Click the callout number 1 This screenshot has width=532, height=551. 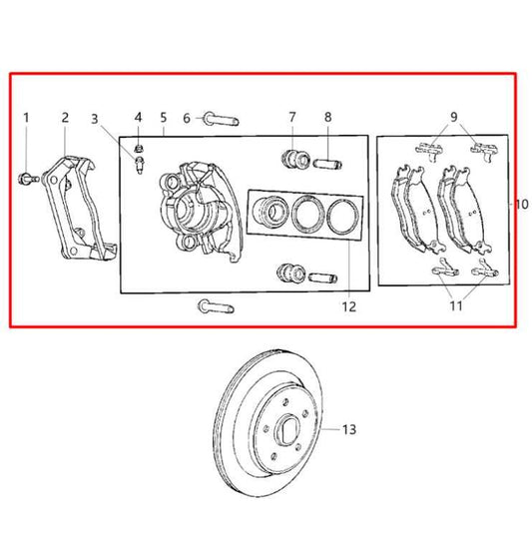point(26,118)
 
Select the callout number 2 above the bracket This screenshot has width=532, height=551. point(65,118)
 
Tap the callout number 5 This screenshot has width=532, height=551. point(164,118)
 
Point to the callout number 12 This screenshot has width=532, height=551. point(349,306)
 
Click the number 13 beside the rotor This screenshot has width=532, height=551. point(349,429)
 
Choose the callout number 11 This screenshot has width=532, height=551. point(456,306)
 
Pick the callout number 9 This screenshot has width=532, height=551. point(453,117)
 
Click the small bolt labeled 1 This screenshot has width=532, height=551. point(28,179)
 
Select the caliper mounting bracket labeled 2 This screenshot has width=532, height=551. point(80,209)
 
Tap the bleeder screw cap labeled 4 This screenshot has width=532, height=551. point(139,148)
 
